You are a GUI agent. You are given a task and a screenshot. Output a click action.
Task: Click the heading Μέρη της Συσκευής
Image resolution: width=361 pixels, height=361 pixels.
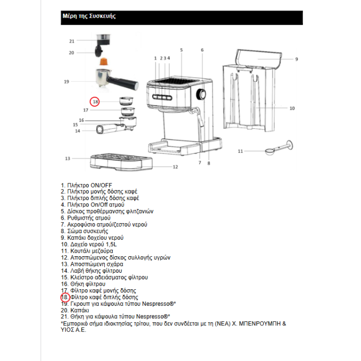click(x=89, y=16)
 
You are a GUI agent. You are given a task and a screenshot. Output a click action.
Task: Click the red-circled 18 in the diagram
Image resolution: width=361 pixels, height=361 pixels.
click(x=96, y=102)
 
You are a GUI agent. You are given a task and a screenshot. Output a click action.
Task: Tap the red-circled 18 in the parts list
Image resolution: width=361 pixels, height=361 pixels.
click(x=65, y=297)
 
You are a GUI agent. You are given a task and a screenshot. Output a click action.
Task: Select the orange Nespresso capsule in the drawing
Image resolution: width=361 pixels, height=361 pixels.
click(x=104, y=62)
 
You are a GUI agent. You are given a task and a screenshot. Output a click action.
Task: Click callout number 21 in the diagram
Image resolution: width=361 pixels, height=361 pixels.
click(x=72, y=41)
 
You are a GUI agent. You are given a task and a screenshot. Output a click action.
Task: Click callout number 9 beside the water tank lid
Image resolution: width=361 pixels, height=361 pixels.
click(x=296, y=59)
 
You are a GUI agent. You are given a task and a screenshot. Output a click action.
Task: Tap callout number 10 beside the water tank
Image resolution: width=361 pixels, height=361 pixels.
click(x=292, y=108)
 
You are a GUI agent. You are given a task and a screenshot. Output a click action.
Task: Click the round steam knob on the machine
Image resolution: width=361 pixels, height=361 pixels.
click(x=202, y=94)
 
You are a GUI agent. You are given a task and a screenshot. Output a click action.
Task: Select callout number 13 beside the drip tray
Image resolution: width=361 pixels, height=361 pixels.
click(x=67, y=158)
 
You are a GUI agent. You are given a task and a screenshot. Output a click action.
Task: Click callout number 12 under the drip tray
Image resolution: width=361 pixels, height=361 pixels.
click(x=175, y=167)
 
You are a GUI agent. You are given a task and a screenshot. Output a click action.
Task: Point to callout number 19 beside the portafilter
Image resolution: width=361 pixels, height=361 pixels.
click(x=66, y=81)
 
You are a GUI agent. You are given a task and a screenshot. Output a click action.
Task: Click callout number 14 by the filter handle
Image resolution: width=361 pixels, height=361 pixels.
click(x=77, y=131)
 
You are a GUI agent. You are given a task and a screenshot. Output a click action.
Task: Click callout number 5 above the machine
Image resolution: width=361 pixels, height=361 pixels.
click(x=182, y=50)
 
